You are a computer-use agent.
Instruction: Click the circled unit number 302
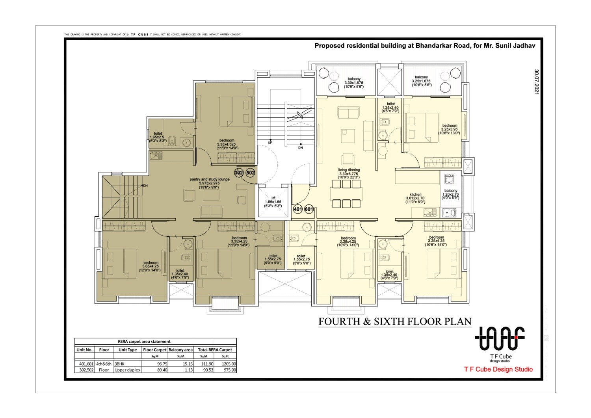coord(238,173)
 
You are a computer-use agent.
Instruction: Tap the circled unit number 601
coord(309,209)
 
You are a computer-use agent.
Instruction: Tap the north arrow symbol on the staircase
coord(300,115)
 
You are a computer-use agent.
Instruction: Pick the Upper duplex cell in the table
coord(127,370)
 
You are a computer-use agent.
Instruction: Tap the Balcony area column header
coord(180,349)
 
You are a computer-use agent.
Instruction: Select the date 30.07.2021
coord(536,82)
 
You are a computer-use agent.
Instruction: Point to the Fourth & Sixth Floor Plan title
coord(395,321)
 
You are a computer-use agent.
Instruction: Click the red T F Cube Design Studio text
coord(498,369)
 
